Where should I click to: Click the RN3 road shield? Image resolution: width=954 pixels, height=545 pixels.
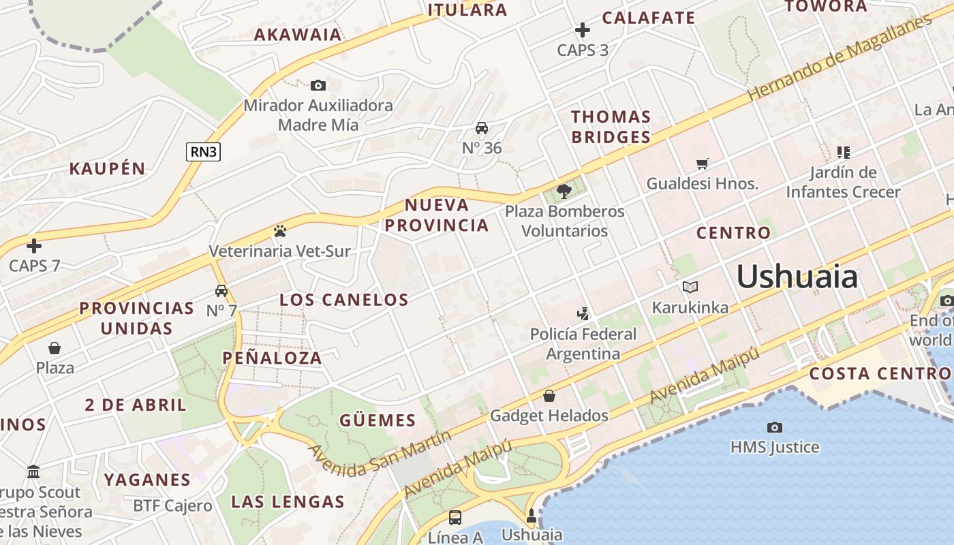coord(203,151)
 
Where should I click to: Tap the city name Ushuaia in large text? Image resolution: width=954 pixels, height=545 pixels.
coord(797,277)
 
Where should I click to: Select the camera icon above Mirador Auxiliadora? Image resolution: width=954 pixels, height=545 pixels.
coord(318,85)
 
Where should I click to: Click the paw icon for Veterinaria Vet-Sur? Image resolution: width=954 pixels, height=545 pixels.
coord(279,231)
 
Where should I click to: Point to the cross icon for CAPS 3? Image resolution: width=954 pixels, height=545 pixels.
coord(583,30)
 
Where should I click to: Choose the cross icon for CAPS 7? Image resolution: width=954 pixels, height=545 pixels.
coord(34,245)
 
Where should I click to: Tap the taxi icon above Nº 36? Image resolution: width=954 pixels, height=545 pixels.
coord(482,128)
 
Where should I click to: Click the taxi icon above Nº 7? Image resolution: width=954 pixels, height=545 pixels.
coord(221,291)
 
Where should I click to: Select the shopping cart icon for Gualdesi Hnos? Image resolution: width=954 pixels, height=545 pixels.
coord(703,163)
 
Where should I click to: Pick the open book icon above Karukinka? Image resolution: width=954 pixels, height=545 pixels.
coord(690,287)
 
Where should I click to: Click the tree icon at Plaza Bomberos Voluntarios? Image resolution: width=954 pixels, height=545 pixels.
coord(564,191)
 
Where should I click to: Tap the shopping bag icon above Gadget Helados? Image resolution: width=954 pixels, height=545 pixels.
coord(549,396)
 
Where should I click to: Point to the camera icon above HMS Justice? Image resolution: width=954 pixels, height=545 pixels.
coord(775,427)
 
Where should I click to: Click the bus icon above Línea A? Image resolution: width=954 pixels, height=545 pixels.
coord(455,518)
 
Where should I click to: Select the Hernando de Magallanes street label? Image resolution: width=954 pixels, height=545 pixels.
coord(838,59)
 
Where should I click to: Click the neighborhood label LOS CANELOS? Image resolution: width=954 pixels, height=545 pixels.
coord(344,300)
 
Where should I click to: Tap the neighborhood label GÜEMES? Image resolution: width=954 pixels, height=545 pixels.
coord(378,420)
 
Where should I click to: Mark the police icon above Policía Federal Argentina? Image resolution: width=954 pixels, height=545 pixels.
coord(583,314)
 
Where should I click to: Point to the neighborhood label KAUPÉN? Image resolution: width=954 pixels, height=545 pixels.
coord(108,168)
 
